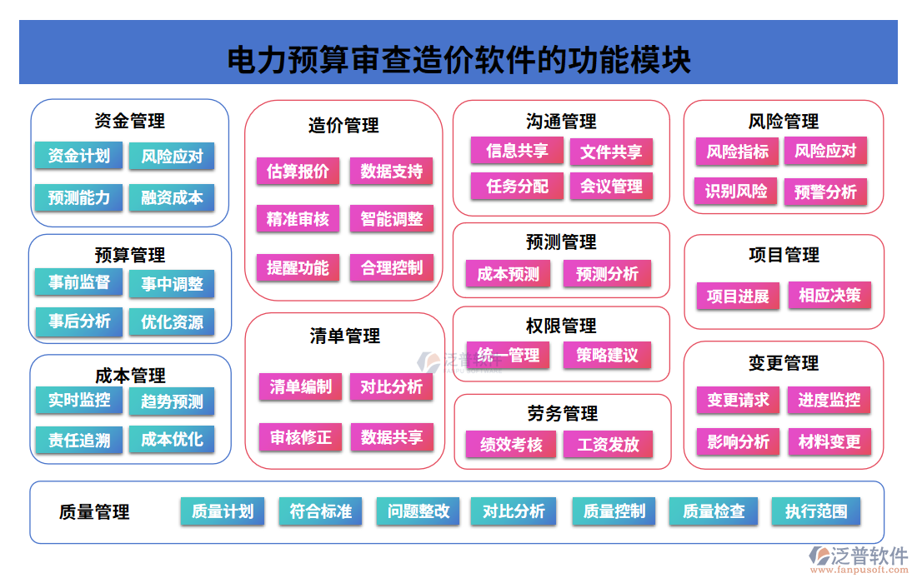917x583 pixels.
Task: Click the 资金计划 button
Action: [79, 156]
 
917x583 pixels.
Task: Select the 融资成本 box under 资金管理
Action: [172, 198]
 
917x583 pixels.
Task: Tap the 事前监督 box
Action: [79, 282]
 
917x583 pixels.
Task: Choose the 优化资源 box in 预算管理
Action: [172, 322]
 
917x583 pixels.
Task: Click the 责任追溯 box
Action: [79, 440]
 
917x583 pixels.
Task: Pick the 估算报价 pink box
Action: [298, 172]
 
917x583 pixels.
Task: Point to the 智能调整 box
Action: [392, 219]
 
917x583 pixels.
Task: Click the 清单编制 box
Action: [300, 386]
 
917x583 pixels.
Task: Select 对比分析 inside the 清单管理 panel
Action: [392, 386]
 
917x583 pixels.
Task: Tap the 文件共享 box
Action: [611, 152]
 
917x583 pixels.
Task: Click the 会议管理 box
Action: [611, 186]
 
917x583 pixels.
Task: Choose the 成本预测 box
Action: [509, 274]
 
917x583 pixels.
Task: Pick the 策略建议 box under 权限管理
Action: [607, 356]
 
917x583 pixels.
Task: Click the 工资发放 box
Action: [609, 444]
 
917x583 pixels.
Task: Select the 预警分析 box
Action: [825, 192]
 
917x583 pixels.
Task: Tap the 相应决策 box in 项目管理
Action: [829, 295]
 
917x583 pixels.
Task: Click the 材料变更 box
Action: [829, 441]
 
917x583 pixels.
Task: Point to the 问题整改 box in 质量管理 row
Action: [418, 511]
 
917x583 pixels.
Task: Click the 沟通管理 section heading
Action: [561, 122]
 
